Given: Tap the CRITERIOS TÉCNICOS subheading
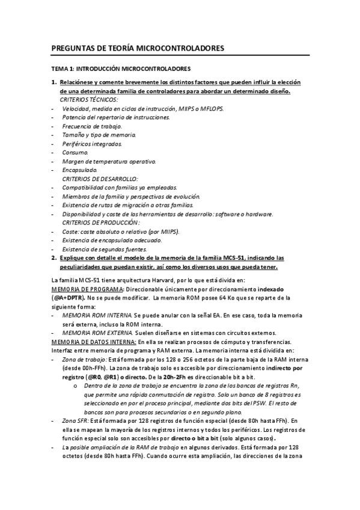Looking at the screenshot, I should coord(89,99).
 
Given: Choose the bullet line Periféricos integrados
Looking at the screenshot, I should coord(92,144).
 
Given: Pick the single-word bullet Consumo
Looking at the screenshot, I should coord(75,153).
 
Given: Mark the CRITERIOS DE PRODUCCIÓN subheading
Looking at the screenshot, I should coord(99,223).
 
